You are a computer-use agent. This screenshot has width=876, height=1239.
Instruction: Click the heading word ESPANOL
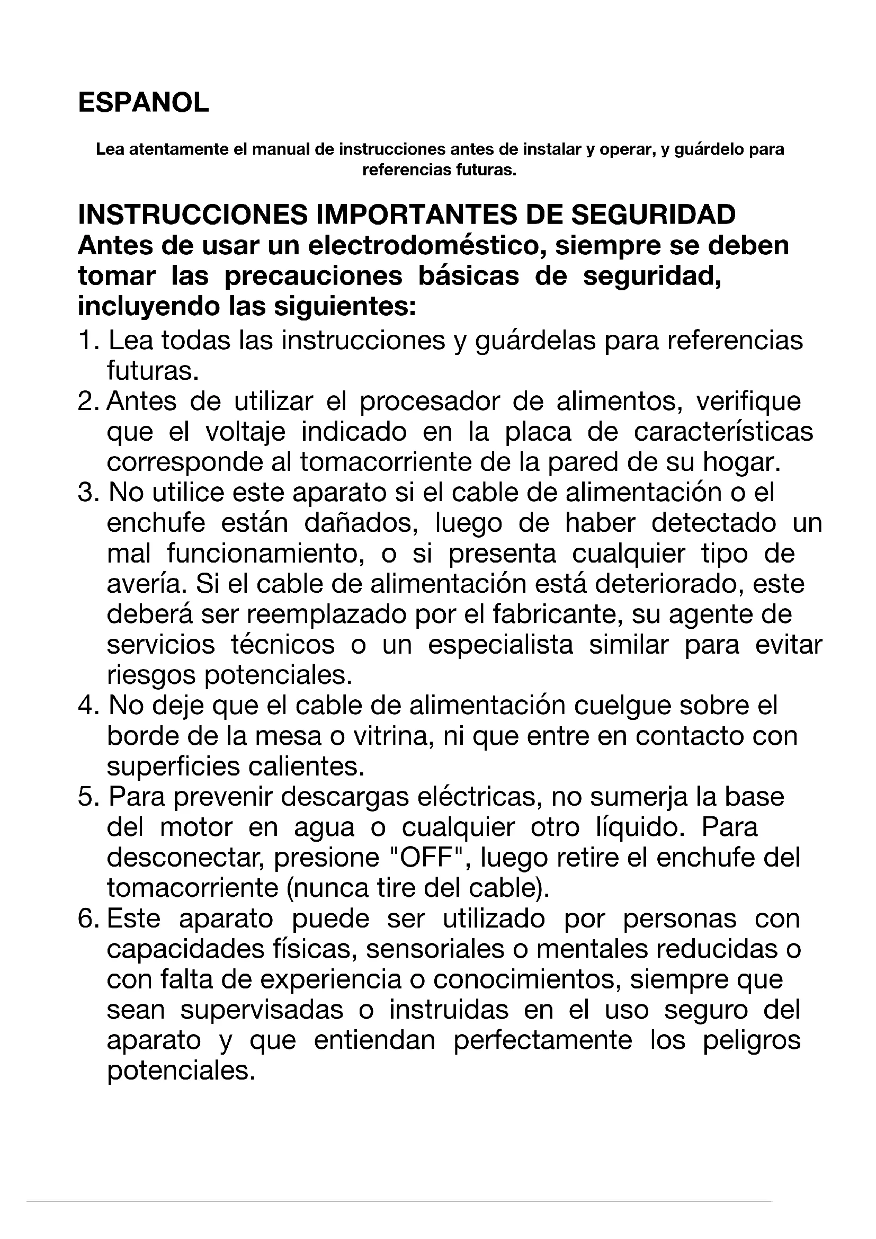[143, 103]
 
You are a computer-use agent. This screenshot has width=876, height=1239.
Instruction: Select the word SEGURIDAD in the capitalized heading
[652, 215]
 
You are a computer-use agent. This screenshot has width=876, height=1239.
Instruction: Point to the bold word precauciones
[314, 277]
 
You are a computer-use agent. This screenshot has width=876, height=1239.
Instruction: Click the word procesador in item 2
[427, 402]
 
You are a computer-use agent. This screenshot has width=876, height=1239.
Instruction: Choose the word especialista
[500, 645]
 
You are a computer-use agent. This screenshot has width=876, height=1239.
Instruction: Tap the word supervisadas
[262, 1010]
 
